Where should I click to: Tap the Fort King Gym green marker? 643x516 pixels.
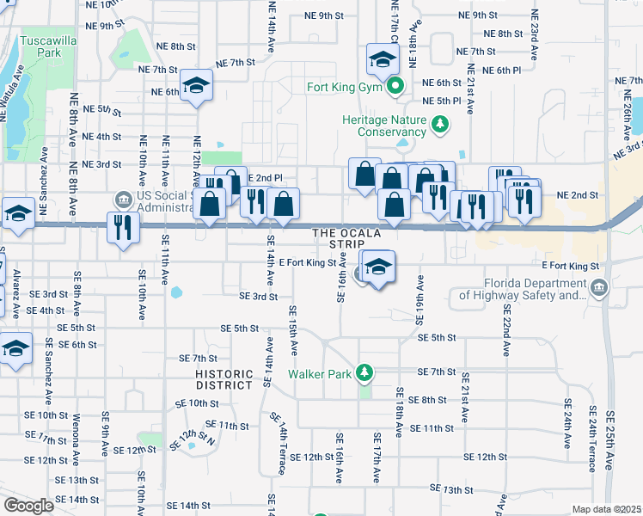pyautogui.click(x=395, y=86)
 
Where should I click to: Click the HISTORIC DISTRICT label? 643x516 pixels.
pyautogui.click(x=224, y=379)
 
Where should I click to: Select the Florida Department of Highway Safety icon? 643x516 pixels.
pyautogui.click(x=599, y=289)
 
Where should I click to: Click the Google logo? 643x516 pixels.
pyautogui.click(x=28, y=506)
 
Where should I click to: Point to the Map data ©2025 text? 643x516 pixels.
pyautogui.click(x=605, y=509)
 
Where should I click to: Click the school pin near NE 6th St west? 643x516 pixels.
pyautogui.click(x=197, y=85)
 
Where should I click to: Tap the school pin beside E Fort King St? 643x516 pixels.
pyautogui.click(x=377, y=267)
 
